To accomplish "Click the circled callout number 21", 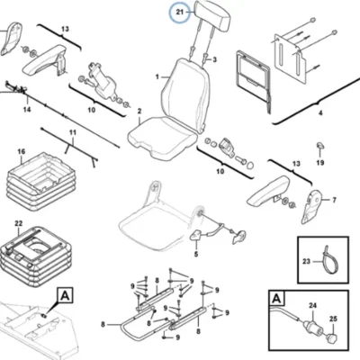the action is [x=179, y=13].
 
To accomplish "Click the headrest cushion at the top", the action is [x=213, y=15].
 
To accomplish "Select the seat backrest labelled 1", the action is [x=185, y=94].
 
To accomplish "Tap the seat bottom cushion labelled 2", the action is [x=162, y=138].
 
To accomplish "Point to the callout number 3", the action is [x=214, y=60].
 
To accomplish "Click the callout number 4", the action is [x=320, y=113].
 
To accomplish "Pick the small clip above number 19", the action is [x=320, y=146].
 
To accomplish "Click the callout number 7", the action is [x=335, y=200].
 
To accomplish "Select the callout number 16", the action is [x=22, y=151].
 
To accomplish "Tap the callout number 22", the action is [x=19, y=223].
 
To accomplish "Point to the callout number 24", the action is [x=313, y=306].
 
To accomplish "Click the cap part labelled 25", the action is [x=331, y=337].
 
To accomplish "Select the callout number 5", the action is [x=196, y=255].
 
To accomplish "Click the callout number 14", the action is [x=27, y=110].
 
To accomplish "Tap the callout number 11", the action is [x=73, y=132].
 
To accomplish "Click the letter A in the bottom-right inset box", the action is [x=277, y=299].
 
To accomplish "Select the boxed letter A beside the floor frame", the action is [x=65, y=296].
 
